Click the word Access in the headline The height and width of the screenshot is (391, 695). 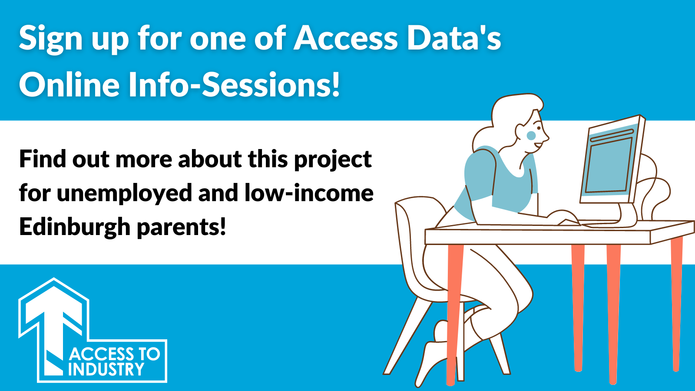pos(346,39)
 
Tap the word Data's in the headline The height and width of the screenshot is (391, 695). pos(454,39)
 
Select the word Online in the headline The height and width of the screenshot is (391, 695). pos(69,85)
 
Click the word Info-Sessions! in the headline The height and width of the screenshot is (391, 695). pos(235,85)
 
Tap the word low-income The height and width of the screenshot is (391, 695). pos(309,193)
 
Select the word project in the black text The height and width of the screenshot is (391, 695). pos(333,159)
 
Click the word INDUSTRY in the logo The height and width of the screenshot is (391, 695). pos(106,369)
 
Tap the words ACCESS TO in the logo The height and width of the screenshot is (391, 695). pos(115,354)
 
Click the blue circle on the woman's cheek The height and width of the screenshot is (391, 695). pos(531,135)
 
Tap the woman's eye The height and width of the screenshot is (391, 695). pos(539,128)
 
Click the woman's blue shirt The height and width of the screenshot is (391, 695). pos(496,180)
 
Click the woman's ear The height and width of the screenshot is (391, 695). pos(520,131)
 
